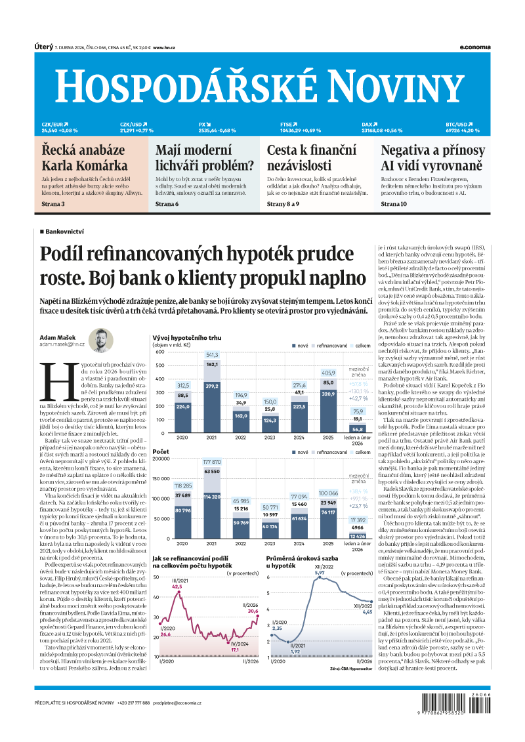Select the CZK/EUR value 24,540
[49, 131]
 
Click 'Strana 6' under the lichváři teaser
[167, 205]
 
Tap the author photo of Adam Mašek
[101, 341]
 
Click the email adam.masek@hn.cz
[62, 344]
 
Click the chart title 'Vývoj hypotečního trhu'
[187, 337]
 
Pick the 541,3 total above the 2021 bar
[212, 355]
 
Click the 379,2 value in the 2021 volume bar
[212, 386]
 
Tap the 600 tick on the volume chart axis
[159, 352]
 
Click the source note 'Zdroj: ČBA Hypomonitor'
[352, 669]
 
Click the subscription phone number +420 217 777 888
[133, 703]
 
